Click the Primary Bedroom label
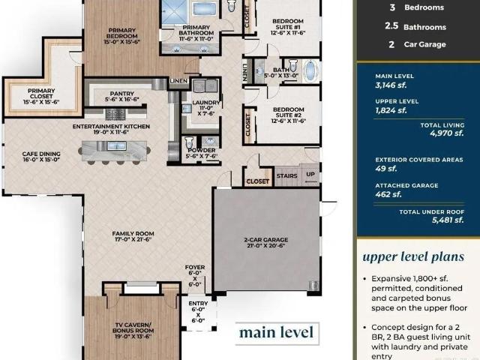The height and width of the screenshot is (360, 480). point(121,36)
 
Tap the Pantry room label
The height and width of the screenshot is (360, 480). point(121,97)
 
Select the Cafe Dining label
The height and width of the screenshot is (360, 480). point(41,157)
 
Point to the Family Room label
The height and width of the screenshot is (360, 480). point(133,236)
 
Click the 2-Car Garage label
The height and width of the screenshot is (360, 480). point(266,242)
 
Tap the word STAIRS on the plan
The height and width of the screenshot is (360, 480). point(286,176)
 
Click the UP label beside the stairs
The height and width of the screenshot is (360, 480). point(310,174)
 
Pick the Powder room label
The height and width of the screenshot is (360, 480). point(202,153)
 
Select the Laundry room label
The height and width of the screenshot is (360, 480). point(206,108)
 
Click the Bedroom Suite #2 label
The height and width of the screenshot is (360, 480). point(288,115)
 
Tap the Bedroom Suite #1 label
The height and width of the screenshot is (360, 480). point(288,27)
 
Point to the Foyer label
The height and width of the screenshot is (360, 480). point(195,276)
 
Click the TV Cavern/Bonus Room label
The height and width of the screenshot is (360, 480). point(133,331)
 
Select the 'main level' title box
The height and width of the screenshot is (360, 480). point(277,333)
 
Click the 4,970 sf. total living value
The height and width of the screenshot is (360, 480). point(447,133)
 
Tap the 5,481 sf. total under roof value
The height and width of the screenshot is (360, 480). point(448,220)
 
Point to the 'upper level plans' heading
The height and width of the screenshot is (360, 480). point(413,256)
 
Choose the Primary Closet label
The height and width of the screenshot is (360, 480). point(41,97)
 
